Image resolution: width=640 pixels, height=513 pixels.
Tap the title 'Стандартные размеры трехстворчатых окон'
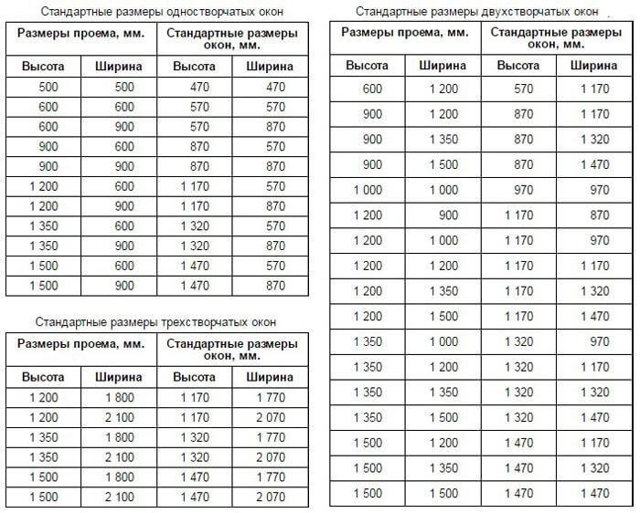(x=155, y=322)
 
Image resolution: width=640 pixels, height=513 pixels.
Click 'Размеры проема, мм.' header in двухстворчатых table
(x=405, y=33)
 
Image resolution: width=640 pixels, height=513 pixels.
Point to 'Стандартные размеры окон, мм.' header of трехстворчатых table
(x=232, y=349)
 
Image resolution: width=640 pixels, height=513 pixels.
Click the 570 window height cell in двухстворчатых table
(x=518, y=89)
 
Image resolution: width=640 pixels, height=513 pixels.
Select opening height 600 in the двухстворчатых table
(x=372, y=89)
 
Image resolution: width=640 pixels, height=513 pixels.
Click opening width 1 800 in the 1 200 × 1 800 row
(x=119, y=399)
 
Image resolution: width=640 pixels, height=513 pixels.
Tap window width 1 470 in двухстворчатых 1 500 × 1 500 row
(x=594, y=494)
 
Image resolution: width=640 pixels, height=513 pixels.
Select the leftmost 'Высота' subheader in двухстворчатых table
(x=368, y=65)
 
